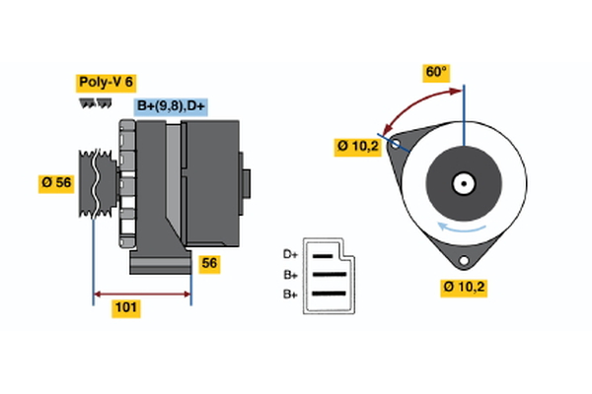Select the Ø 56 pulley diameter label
(57, 184)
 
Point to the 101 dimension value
(126, 308)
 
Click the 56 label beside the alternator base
(209, 263)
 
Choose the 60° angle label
(435, 72)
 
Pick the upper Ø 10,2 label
(356, 147)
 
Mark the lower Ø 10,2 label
(464, 287)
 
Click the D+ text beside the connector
(290, 254)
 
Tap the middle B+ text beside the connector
(290, 274)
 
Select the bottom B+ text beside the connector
(290, 294)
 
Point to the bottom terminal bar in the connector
(330, 294)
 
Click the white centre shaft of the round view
(463, 183)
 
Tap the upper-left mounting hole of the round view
(397, 145)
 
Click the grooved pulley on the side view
(96, 183)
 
